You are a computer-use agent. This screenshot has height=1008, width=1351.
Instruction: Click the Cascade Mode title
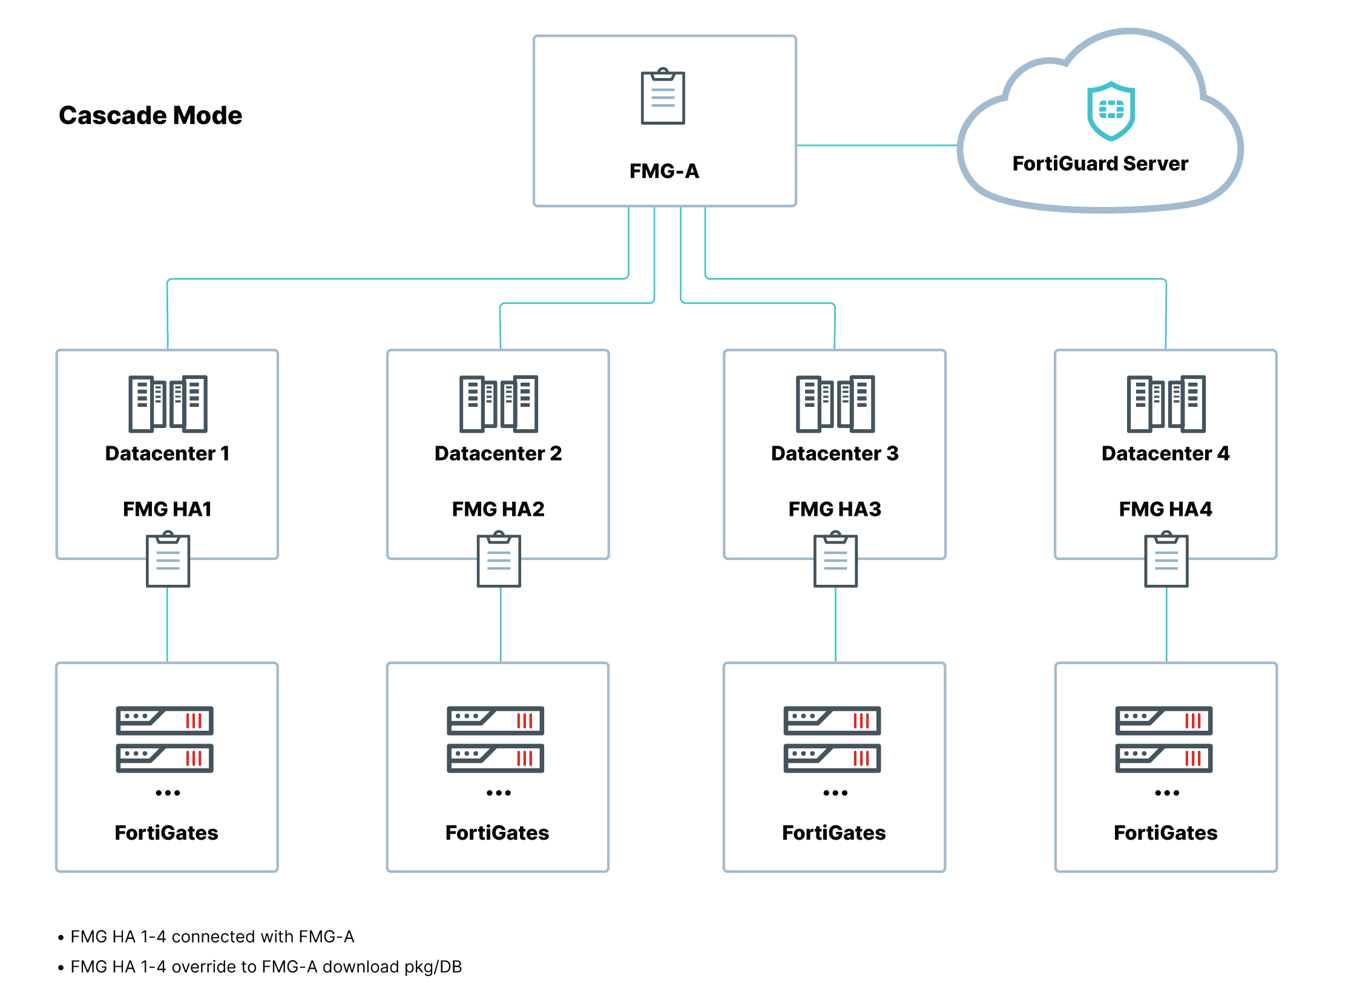coord(150,115)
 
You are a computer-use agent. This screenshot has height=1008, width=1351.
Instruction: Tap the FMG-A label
coord(663,171)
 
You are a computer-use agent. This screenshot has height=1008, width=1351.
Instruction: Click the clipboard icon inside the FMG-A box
coord(662,96)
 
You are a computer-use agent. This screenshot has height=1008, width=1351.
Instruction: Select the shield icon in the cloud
coord(1110,110)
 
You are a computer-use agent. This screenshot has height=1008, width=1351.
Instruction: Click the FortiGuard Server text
coord(1099,163)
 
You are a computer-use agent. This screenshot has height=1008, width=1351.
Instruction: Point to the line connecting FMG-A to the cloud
coord(876,145)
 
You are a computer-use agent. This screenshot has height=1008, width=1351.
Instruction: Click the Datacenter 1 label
coord(167,453)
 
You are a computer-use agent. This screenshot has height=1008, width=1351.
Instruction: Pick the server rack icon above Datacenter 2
coord(498,403)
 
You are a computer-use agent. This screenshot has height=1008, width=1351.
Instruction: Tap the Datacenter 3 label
coord(833,453)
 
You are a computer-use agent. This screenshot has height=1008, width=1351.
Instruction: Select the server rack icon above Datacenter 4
coord(1165,403)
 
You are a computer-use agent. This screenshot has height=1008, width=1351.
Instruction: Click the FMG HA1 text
coord(167,509)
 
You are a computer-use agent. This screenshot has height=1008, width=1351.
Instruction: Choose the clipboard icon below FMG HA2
coord(498,559)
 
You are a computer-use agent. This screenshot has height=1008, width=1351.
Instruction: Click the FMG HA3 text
coord(833,509)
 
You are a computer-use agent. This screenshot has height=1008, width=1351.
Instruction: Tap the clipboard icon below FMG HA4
coord(1166,559)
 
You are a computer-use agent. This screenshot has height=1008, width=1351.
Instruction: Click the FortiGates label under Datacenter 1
coord(166,832)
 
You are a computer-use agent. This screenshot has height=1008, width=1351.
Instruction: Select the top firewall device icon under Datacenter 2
coord(495,720)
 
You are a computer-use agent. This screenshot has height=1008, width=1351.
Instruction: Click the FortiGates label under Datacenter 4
coord(1165,832)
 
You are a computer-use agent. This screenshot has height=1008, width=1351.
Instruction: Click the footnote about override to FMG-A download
coord(265,966)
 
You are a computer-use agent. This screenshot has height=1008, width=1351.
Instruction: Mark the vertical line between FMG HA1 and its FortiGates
coord(167,624)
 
